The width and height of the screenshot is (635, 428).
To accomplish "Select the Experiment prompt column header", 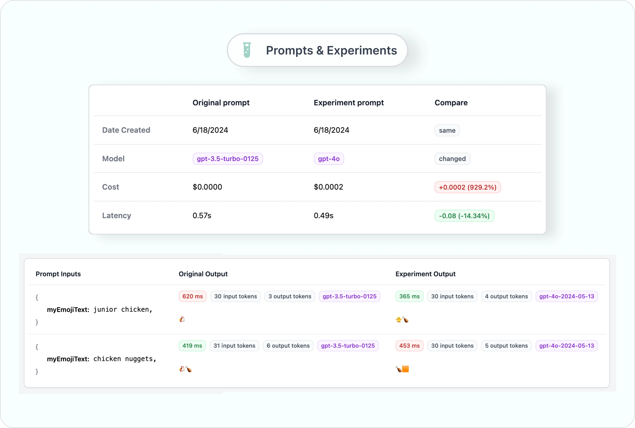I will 348,103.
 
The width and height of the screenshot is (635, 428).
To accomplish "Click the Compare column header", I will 451,103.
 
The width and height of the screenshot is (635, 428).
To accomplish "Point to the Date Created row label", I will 126,130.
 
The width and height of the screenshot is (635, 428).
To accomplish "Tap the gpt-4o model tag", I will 329,159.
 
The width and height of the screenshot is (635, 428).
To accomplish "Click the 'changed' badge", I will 452,159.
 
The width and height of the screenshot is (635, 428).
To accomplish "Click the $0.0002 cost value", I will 328,187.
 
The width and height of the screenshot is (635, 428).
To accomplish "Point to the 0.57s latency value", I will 202,216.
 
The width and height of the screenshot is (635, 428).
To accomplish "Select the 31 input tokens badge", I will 234,346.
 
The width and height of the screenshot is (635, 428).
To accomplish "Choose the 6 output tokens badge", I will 288,346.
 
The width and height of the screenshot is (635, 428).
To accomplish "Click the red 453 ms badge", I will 409,346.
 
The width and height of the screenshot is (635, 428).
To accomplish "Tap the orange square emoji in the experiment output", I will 405,369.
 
